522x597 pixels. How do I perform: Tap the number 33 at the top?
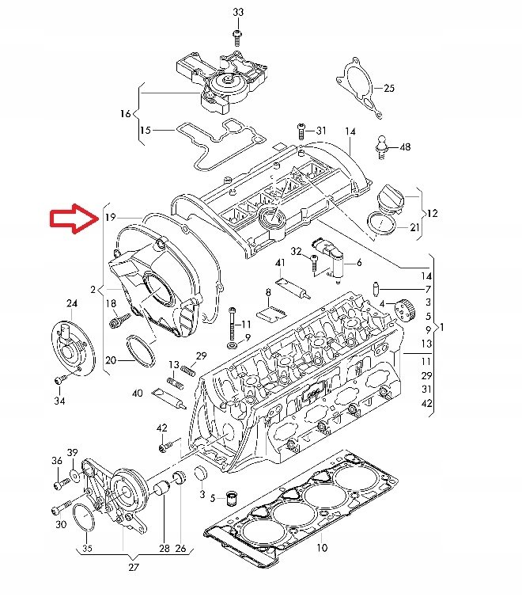[x=239, y=13]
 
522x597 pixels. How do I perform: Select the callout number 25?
[x=388, y=88]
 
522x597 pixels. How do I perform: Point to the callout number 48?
[x=405, y=147]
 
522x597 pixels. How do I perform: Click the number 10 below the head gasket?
[x=322, y=548]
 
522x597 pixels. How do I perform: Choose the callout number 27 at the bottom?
[x=132, y=567]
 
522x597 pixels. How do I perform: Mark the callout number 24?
[x=72, y=303]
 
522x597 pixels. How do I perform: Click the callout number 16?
[x=125, y=114]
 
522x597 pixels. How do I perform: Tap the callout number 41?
[x=280, y=263]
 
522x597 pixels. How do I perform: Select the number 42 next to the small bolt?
[x=162, y=428]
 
